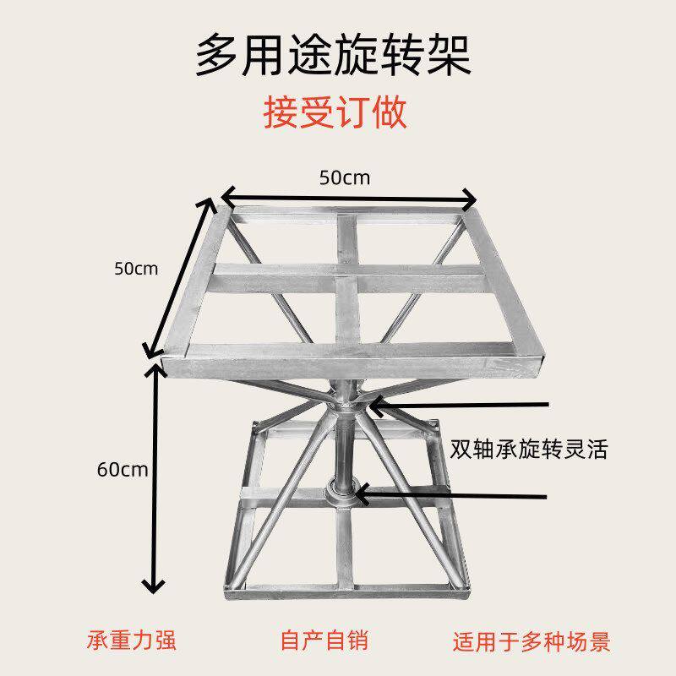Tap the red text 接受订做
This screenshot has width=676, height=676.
tap(335, 112)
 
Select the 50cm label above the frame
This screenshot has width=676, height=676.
tap(345, 177)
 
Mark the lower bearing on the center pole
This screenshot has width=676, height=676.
tap(342, 491)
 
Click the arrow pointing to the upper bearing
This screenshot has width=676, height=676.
tap(461, 406)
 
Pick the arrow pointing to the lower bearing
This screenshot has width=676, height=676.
tap(452, 494)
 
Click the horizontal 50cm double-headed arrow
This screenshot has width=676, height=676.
tap(348, 199)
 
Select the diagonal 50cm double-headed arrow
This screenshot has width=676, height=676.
tap(180, 279)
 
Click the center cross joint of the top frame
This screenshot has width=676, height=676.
tap(345, 273)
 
